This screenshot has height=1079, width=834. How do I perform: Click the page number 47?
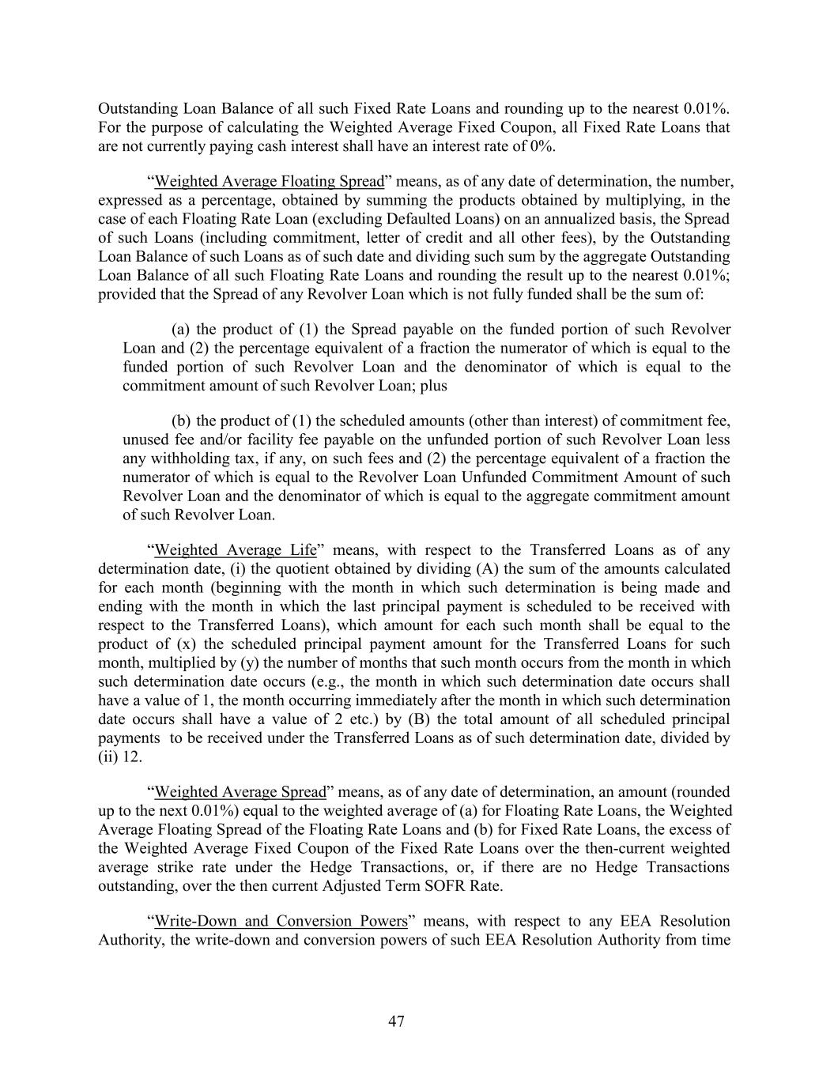pyautogui.click(x=396, y=1021)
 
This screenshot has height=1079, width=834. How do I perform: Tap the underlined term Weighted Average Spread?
pyautogui.click(x=240, y=791)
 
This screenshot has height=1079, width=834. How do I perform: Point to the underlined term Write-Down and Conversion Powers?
pyautogui.click(x=281, y=921)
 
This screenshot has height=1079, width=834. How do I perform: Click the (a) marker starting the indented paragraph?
pyautogui.click(x=181, y=329)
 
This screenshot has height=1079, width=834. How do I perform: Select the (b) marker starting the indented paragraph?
pyautogui.click(x=181, y=421)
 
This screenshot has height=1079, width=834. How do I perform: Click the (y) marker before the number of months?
pyautogui.click(x=215, y=662)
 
